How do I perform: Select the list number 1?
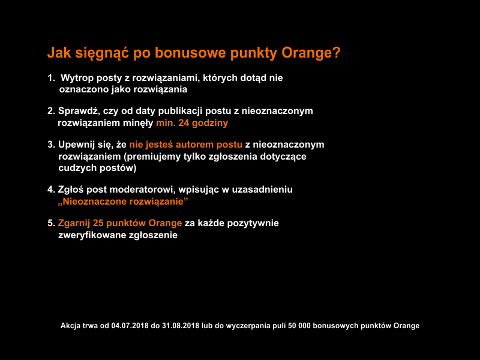(x=50, y=78)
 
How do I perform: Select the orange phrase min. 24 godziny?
(x=192, y=122)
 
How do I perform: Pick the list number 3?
(x=50, y=145)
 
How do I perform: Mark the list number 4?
(x=50, y=190)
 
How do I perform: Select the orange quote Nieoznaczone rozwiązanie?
(x=123, y=201)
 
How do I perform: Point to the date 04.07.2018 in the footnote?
(x=130, y=326)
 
